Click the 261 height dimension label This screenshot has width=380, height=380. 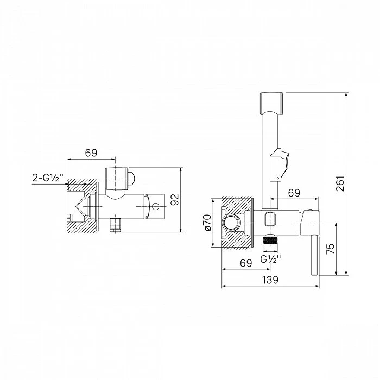340,183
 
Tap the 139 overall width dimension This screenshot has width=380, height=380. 270,280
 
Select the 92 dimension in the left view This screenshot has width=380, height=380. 174,200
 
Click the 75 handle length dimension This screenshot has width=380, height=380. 330,248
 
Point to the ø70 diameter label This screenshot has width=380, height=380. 208,223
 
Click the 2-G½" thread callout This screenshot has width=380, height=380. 48,178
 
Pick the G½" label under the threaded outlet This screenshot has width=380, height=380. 270,259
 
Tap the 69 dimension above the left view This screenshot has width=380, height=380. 91,153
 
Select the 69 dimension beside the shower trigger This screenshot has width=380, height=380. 294,193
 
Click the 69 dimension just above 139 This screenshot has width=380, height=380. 246,263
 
